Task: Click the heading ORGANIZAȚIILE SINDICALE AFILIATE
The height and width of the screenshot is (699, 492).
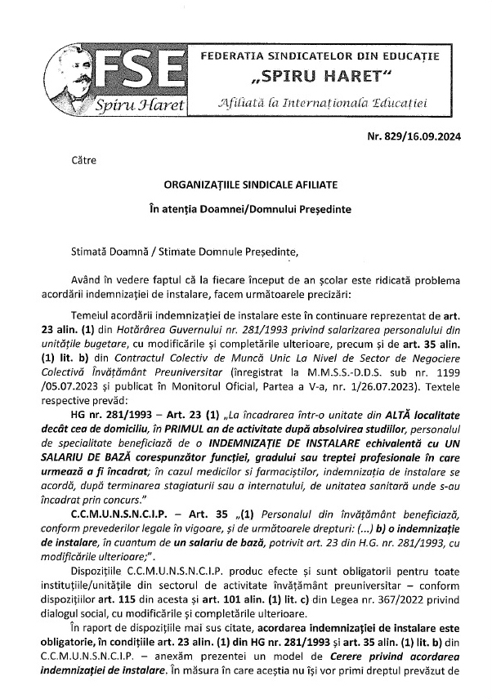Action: point(247,185)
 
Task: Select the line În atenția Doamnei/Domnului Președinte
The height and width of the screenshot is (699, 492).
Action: point(247,209)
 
